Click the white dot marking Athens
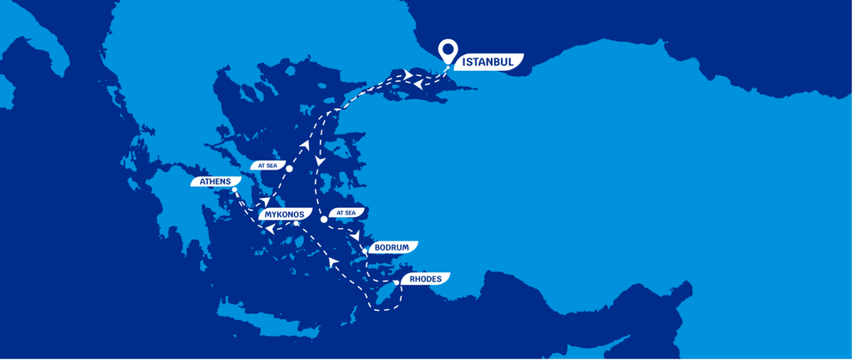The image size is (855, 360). [235, 190]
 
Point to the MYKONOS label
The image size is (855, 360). [286, 215]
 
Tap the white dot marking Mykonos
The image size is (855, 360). [297, 224]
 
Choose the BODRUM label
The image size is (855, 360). [392, 248]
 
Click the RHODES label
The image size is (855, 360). [425, 279]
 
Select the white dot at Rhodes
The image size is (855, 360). [397, 282]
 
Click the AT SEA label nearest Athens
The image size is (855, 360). [268, 165]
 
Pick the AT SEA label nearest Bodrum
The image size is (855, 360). [345, 213]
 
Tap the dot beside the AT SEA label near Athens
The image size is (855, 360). [289, 169]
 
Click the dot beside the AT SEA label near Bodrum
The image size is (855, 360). [324, 220]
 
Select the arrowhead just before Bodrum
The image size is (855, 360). [356, 237]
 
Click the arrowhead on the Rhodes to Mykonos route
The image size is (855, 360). [333, 263]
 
